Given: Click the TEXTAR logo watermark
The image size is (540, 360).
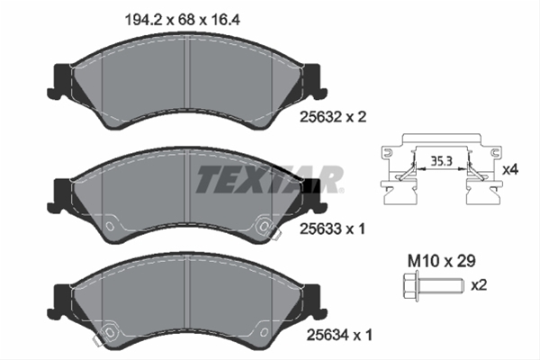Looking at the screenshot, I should pos(269,180).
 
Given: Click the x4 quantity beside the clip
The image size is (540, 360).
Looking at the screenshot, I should pos(510,169).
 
